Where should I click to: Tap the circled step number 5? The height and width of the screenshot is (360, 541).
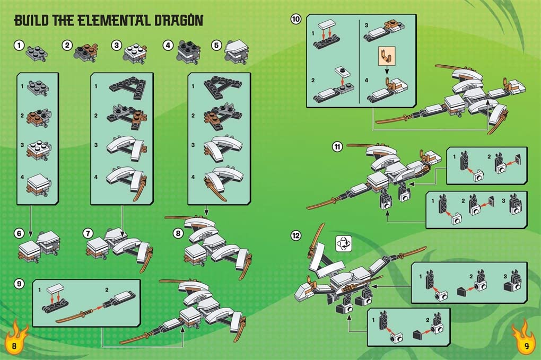216,46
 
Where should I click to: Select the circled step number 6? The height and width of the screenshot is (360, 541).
19,233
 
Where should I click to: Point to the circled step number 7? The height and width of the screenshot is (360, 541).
88,233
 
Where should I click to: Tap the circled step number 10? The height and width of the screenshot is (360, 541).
296,20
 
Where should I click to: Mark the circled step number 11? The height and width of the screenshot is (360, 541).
337,147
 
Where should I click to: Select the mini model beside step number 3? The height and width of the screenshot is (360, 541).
136,52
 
